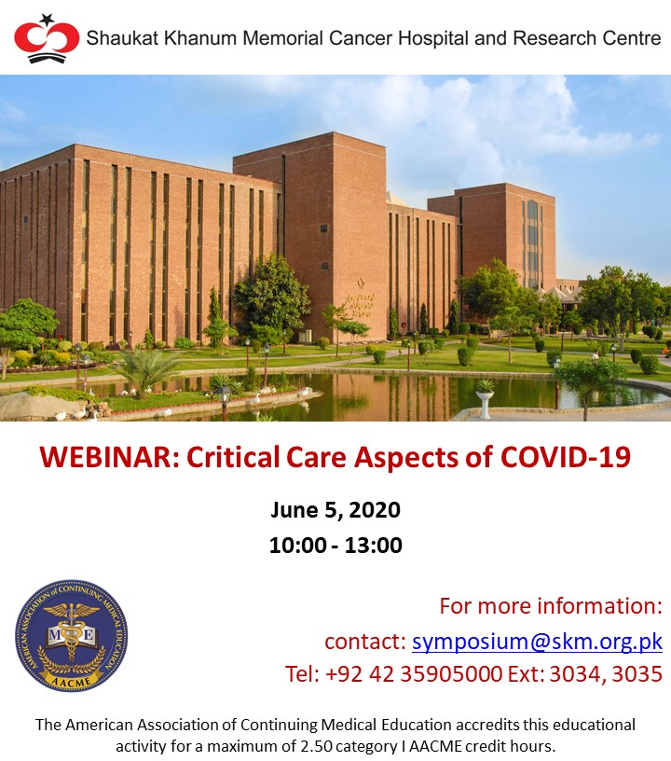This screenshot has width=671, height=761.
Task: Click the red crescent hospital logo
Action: tap(47, 39)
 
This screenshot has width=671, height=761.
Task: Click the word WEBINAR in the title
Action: tap(110, 457)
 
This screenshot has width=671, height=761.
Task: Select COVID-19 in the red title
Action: tap(566, 457)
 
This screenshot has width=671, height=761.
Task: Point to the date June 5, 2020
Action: tap(335, 510)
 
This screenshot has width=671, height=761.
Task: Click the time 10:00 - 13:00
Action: tap(335, 545)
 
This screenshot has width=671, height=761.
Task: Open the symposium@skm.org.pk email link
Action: tap(537, 642)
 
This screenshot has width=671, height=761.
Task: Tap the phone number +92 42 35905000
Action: tap(414, 674)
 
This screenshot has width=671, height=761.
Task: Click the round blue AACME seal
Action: tap(71, 635)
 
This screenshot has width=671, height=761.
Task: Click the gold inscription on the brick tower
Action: tap(360, 301)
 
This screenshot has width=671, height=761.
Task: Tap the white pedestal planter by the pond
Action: tap(485, 399)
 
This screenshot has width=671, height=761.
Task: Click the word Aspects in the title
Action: tap(405, 457)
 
